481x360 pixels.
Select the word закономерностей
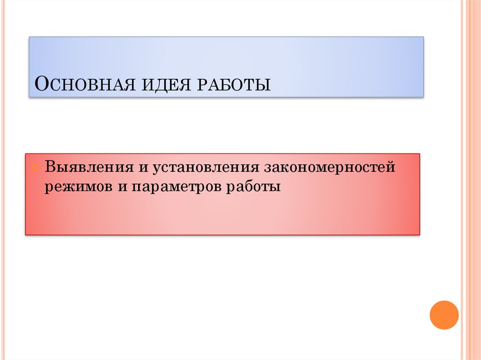[330, 168]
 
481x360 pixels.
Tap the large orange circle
[444, 314]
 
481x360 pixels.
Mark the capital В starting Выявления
[51, 168]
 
